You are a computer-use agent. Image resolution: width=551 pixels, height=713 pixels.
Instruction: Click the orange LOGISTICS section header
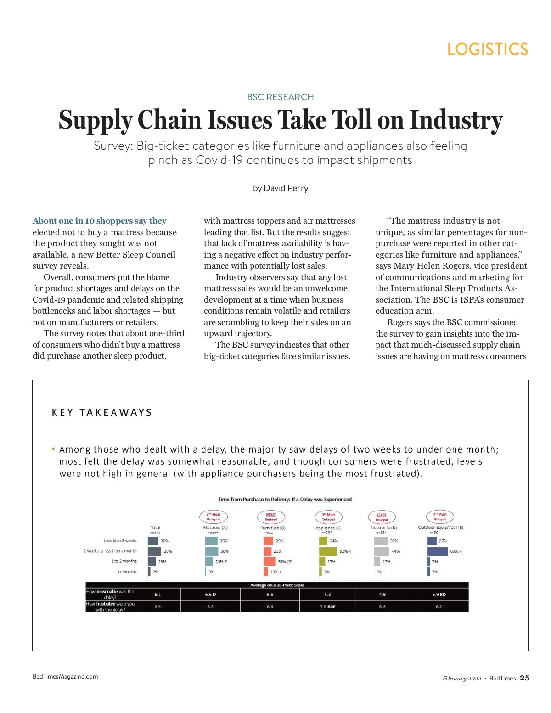(487, 49)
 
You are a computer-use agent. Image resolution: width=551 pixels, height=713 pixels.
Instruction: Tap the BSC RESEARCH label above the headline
(280, 97)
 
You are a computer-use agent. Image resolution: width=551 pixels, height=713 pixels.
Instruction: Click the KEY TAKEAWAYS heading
(102, 412)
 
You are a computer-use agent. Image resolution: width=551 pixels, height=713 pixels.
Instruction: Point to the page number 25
(524, 678)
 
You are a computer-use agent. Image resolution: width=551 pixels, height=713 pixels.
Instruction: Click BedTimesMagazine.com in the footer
(65, 676)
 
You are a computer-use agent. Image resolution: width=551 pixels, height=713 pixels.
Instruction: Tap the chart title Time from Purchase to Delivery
(285, 500)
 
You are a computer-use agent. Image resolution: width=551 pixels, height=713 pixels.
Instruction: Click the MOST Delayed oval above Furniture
(271, 517)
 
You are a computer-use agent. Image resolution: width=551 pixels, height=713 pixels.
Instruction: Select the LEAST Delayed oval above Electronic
(382, 517)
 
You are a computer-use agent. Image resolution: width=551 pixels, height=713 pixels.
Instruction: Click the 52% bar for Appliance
(328, 551)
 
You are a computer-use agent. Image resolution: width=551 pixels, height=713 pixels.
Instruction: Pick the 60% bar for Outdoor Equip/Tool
(437, 551)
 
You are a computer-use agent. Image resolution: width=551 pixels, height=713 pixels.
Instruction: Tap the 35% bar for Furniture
(270, 561)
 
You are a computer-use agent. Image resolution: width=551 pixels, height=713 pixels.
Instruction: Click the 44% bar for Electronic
(382, 551)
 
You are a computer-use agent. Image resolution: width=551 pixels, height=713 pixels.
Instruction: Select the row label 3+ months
(127, 572)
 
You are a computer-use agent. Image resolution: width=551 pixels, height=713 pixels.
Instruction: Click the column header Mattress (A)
(215, 528)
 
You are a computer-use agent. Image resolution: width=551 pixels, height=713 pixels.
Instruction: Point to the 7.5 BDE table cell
(328, 606)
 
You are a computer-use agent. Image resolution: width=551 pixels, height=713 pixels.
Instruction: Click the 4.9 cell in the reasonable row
(382, 594)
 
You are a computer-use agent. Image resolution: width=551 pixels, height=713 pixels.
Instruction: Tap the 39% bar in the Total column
(154, 551)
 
